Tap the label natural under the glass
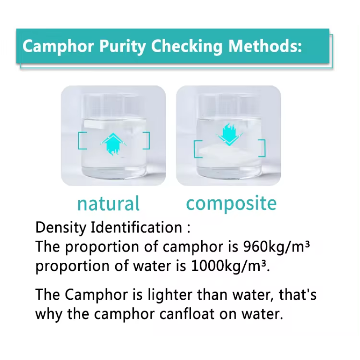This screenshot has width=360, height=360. pyautogui.click(x=108, y=204)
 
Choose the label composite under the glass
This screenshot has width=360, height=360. pyautogui.click(x=231, y=204)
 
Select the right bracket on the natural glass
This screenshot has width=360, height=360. pyautogui.click(x=147, y=140)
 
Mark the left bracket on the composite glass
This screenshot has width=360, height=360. pyautogui.click(x=196, y=148)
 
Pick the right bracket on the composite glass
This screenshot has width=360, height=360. pyautogui.click(x=262, y=148)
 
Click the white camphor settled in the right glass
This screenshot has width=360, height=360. pyautogui.click(x=229, y=155)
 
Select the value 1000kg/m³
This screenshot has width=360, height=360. pyautogui.click(x=230, y=266)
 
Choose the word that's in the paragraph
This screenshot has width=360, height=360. pyautogui.click(x=298, y=295)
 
